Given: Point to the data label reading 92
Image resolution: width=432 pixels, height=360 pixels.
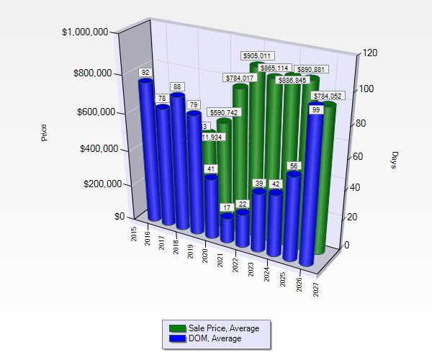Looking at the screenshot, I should pos(145,73).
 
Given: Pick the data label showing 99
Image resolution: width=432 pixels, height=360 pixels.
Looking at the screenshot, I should pos(316,109).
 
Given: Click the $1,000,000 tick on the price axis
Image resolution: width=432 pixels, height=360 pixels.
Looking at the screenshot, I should pos(85,32).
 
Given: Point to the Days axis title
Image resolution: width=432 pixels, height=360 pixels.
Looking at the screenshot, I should pos(395,161).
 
